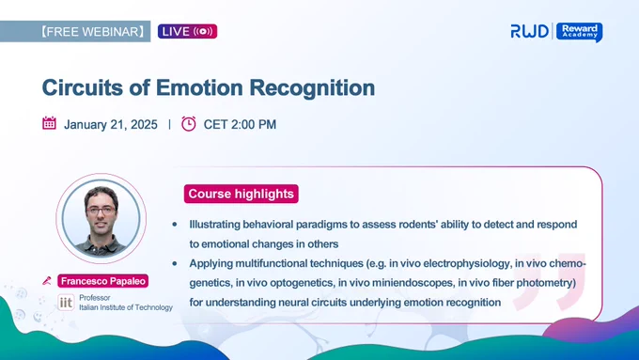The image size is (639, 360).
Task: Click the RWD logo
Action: click(529, 31)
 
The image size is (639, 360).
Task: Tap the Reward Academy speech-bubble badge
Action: click(580, 32)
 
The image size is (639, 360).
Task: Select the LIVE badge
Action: click(187, 31)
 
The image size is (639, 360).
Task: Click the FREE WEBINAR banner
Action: click(75, 31)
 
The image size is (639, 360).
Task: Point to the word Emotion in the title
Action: click(199, 87)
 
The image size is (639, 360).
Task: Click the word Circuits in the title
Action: click(83, 87)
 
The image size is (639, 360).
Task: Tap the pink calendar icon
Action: click(49, 123)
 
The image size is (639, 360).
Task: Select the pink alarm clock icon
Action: click(188, 123)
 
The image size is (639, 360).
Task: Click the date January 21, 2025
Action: click(111, 124)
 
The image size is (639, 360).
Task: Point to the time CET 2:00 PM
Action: click(240, 124)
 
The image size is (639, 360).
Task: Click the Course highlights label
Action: click(242, 194)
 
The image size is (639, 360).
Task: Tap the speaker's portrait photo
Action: click(101, 218)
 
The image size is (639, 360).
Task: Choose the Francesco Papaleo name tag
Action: click(102, 281)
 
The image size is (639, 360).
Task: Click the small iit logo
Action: click(66, 303)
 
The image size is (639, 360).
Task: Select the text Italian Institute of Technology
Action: click(126, 307)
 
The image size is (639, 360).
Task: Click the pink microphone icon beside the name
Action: click(47, 281)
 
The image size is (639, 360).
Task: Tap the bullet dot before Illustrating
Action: click(175, 225)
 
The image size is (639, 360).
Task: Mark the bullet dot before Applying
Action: click(175, 263)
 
